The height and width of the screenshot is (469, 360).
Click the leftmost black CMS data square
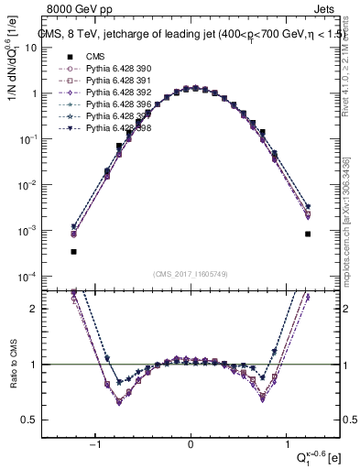[x=73, y=251]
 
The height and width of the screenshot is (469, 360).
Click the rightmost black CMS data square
[x=308, y=234]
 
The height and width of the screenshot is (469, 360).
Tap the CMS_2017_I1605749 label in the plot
[x=191, y=274]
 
